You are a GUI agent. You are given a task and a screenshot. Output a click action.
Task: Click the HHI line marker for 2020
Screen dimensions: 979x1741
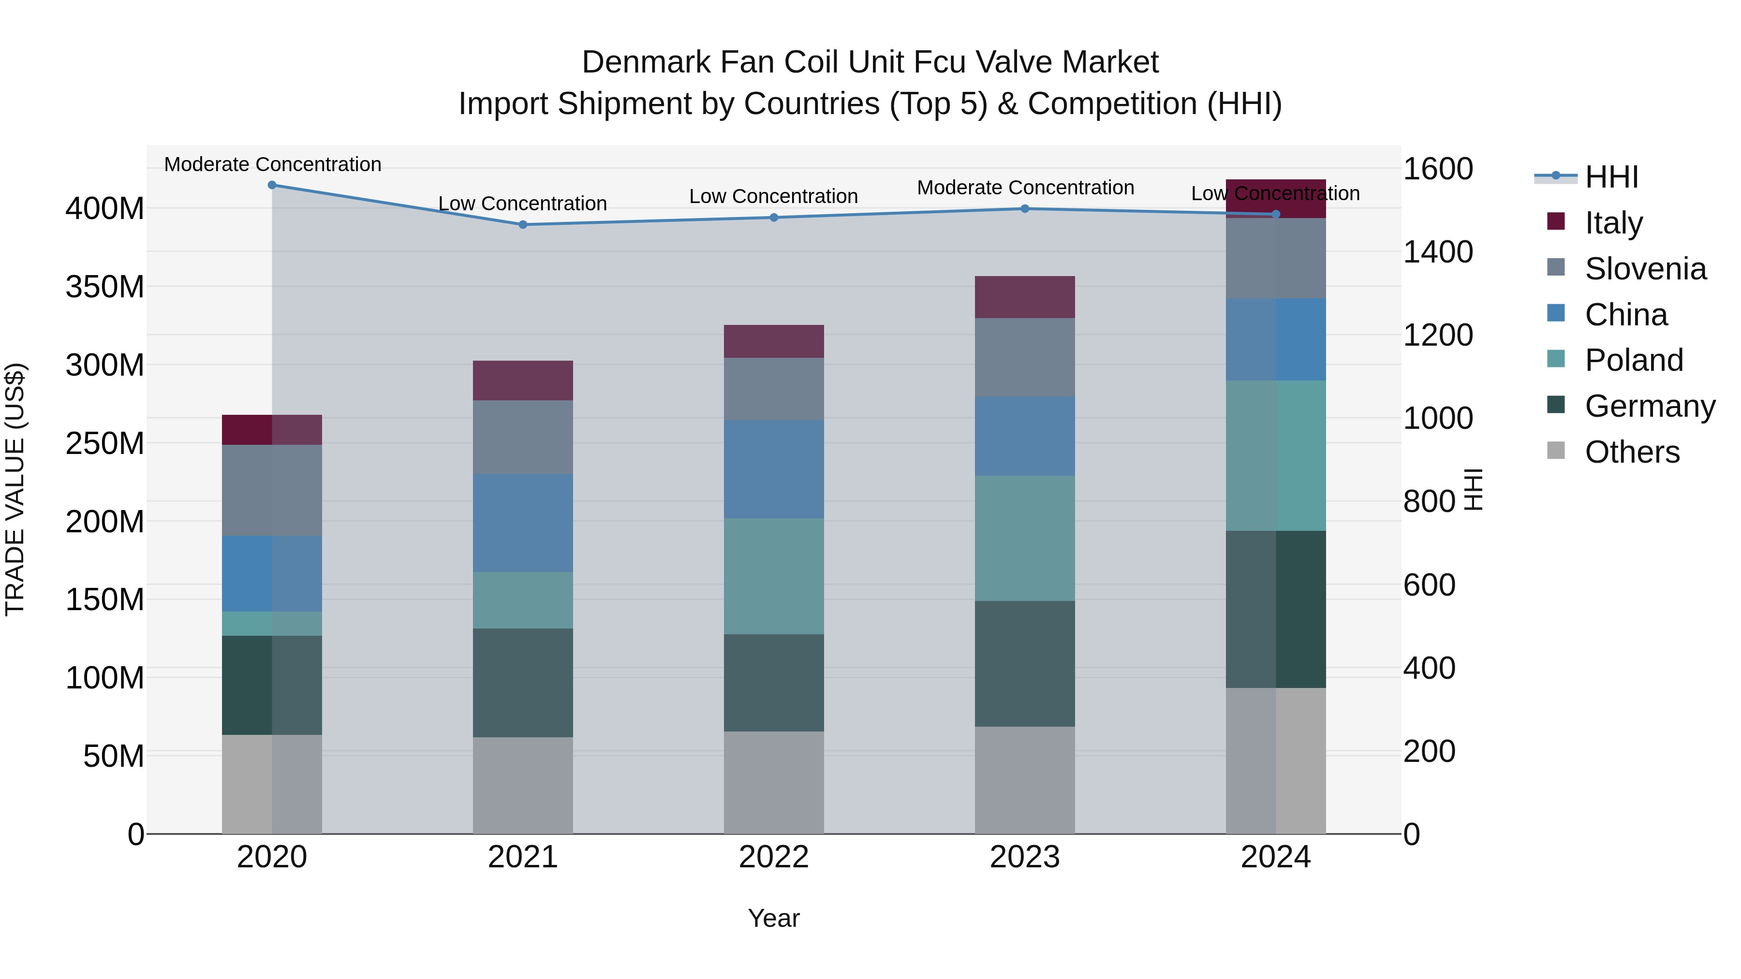click(x=272, y=185)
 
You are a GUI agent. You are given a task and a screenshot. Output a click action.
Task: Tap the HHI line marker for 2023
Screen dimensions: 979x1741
click(x=1025, y=209)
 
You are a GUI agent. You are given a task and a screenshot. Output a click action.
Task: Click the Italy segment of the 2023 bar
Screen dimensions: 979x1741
click(x=1025, y=297)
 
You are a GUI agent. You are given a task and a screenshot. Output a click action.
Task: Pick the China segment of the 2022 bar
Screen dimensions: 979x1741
click(x=774, y=469)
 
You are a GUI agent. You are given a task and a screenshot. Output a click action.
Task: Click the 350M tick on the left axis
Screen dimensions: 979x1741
click(x=105, y=287)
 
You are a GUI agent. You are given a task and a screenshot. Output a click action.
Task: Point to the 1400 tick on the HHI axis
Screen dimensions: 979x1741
click(x=1438, y=252)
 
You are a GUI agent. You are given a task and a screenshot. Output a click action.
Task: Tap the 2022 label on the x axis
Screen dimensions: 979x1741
click(x=774, y=857)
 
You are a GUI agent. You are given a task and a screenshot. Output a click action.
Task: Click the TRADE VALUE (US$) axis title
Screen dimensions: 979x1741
click(x=15, y=489)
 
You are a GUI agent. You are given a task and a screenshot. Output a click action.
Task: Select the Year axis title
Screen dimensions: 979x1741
click(x=774, y=918)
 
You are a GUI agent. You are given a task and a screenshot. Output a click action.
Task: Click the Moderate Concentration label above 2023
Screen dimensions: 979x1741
click(x=1025, y=188)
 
